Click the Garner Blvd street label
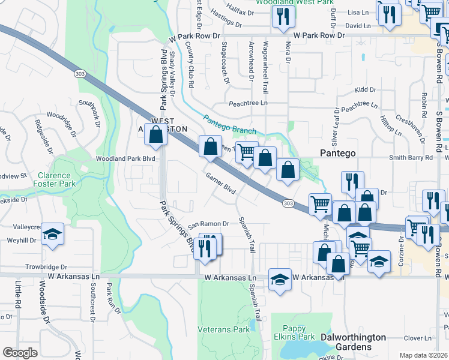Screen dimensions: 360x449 pyautogui.click(x=220, y=184)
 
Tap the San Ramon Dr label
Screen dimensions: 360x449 pyautogui.click(x=209, y=224)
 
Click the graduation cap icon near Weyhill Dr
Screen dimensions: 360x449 pyautogui.click(x=53, y=234)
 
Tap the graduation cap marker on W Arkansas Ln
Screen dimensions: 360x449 pyautogui.click(x=280, y=279)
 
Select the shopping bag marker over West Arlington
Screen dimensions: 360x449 pyautogui.click(x=155, y=134)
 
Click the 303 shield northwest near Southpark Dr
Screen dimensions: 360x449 pyautogui.click(x=79, y=73)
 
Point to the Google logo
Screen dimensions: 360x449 pyautogui.click(x=20, y=353)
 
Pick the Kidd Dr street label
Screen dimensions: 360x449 pyautogui.click(x=364, y=89)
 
